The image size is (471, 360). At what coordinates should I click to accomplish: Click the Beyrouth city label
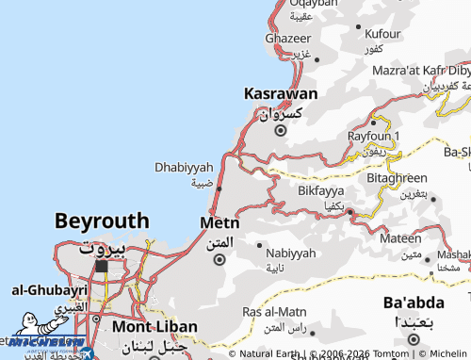pos(101,221)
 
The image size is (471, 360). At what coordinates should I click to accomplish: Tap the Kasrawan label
pos(280,94)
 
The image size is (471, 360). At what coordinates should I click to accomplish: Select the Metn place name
pos(219,223)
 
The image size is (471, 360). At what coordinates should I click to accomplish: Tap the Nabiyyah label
pos(291,254)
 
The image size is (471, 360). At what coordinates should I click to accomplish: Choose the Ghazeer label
pos(287,39)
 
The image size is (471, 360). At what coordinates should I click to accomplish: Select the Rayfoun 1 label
pos(375,137)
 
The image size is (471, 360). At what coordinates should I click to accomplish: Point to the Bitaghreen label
pos(397,177)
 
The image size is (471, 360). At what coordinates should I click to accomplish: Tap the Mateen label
pos(400,238)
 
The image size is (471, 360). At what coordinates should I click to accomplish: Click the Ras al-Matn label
pos(274,312)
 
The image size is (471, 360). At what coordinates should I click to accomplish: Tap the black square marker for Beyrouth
pos(101,266)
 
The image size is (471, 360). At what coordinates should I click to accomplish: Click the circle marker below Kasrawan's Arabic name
pos(280,130)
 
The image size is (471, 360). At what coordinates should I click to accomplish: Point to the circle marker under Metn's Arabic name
pos(220,259)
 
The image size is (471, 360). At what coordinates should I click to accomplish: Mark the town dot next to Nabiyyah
pos(260,245)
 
